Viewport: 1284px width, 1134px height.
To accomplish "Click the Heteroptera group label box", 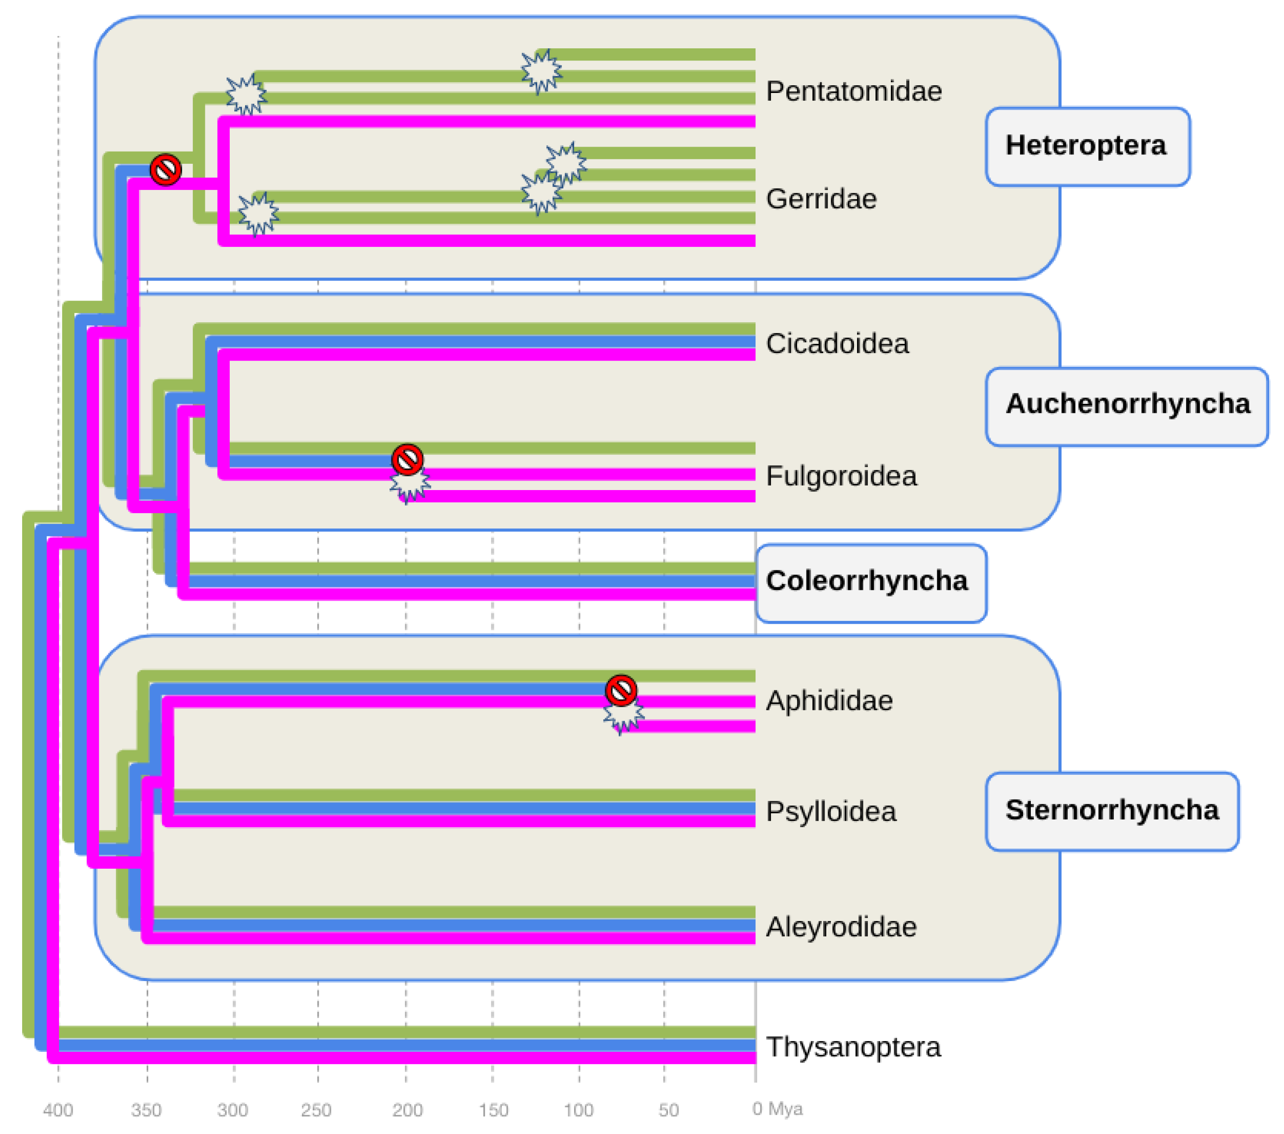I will [x=1087, y=146].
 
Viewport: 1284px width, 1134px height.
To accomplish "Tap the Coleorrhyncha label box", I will [x=871, y=583].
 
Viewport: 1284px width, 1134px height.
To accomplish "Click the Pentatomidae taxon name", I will [x=853, y=92].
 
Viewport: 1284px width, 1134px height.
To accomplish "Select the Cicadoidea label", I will [x=837, y=344].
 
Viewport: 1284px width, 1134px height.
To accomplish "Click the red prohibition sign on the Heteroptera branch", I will [x=166, y=170].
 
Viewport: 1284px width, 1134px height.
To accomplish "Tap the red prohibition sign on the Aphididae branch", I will [x=621, y=691].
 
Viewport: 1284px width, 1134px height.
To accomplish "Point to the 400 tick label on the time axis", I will [x=58, y=1110].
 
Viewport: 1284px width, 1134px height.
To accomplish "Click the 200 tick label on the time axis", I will [x=407, y=1110].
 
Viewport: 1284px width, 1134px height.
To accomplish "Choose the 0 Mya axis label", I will [x=777, y=1109].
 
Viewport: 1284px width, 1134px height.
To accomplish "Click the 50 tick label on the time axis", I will [x=668, y=1110].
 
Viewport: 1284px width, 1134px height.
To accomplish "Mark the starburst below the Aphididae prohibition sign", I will [x=624, y=717].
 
